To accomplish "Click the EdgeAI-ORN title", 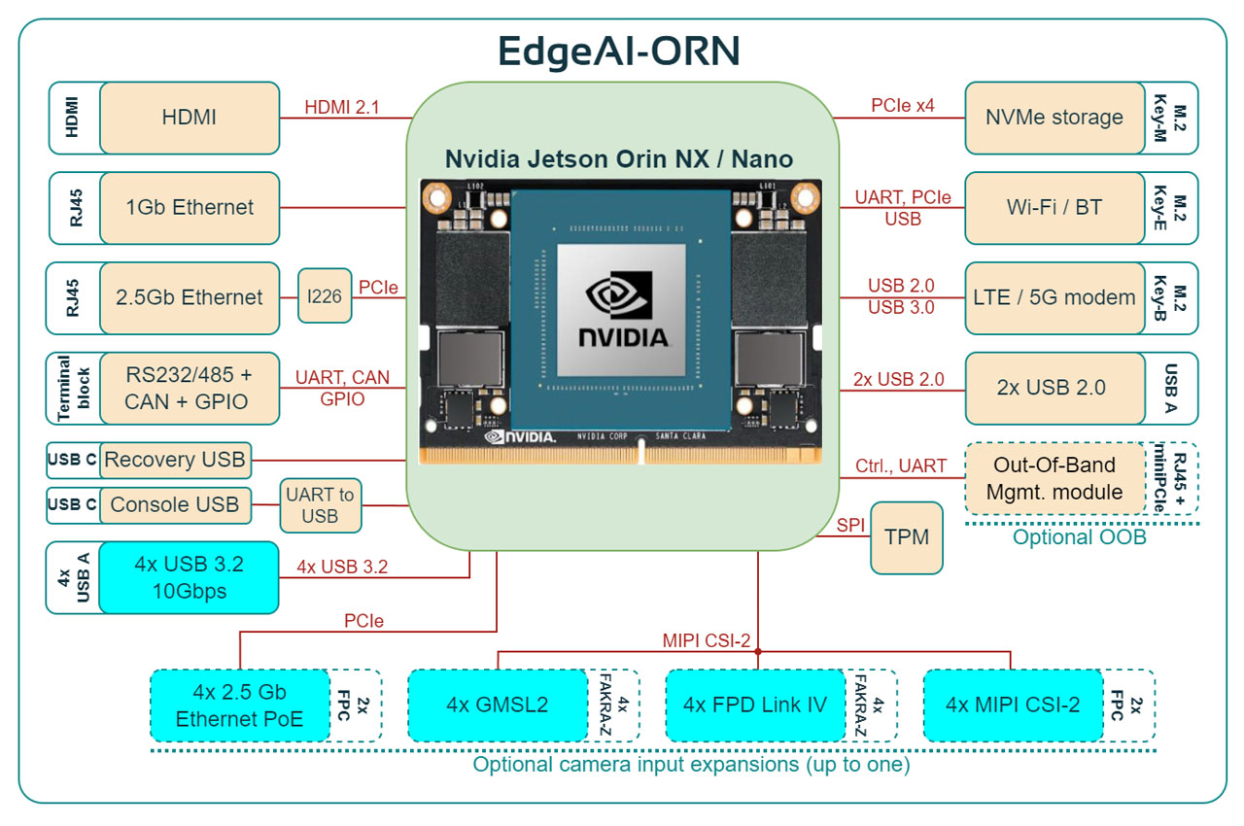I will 619,50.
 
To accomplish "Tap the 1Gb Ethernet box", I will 190,207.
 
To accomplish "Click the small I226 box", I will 325,295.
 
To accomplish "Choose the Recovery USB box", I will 175,459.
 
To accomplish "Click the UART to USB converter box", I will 320,505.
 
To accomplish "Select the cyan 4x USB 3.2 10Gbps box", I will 189,578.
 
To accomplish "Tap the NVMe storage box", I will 1054,118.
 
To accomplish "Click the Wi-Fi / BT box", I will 1054,207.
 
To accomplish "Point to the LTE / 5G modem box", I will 1054,297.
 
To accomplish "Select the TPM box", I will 907,536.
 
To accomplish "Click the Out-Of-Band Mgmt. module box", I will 1054,478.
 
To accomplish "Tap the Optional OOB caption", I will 1079,537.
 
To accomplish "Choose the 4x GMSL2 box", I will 498,705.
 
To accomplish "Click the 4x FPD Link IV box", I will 755,705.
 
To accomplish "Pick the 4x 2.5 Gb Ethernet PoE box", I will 240,706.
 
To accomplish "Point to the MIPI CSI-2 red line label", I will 707,639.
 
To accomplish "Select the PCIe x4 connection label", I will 903,105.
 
